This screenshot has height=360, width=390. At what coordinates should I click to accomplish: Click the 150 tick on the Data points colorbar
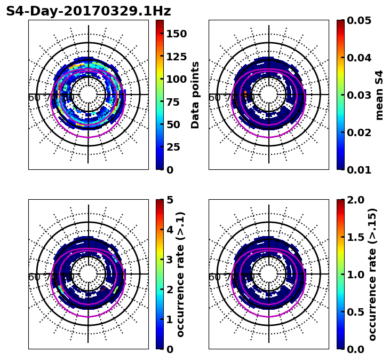click(x=176, y=34)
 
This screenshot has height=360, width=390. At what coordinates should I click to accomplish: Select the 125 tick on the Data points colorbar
click(x=176, y=57)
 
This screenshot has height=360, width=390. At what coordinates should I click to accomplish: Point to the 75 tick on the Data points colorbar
click(x=176, y=102)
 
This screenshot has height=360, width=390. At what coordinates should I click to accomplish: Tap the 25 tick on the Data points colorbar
click(x=176, y=147)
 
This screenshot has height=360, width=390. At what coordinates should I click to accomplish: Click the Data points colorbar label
click(x=195, y=95)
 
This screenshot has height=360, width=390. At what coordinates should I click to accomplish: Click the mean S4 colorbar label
click(x=379, y=95)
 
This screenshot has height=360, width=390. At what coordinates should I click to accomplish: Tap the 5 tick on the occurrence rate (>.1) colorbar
click(x=170, y=200)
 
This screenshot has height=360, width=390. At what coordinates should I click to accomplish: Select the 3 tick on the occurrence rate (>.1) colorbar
click(x=170, y=260)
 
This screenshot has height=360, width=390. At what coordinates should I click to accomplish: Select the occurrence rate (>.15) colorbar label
click(x=372, y=274)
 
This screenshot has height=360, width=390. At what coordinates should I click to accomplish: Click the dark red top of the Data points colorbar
click(x=160, y=22)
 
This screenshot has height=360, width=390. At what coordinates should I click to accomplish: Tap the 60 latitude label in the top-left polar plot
click(x=34, y=98)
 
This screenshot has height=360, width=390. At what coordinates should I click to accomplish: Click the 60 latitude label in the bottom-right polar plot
click(x=214, y=277)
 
